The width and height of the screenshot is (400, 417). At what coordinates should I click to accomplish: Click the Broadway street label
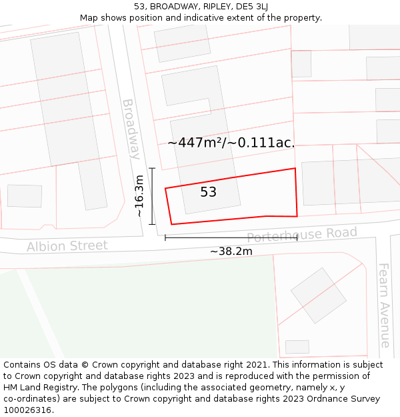tap(131, 129)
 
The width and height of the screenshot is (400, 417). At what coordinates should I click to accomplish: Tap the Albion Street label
tap(67, 246)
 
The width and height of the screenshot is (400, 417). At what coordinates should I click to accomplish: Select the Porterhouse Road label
tap(302, 235)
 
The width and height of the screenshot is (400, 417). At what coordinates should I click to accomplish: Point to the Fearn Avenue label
tap(385, 305)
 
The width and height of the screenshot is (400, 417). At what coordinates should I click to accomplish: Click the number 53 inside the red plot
tap(209, 192)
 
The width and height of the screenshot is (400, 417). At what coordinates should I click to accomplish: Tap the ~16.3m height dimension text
tap(139, 196)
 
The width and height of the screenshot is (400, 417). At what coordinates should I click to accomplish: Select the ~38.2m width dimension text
tap(231, 252)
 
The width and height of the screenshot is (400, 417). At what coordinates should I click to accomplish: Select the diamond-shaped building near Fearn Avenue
tap(319, 296)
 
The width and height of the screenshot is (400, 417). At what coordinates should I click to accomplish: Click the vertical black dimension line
tap(152, 196)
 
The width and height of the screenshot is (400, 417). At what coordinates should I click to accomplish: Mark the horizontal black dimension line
tap(231, 238)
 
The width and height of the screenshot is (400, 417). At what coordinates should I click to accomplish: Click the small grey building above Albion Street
tap(25, 195)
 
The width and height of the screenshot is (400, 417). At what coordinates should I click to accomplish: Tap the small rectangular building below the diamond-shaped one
tap(297, 347)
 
